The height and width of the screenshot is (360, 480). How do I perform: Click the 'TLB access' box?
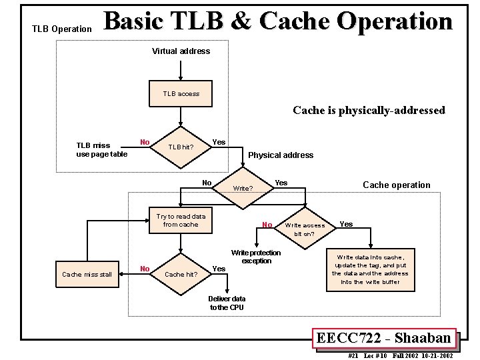tap(181, 94)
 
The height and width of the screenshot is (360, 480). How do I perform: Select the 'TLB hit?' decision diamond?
tap(181, 147)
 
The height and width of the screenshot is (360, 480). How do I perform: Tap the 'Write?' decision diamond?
tap(243, 188)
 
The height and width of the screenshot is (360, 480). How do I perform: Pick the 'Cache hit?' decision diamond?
tap(181, 274)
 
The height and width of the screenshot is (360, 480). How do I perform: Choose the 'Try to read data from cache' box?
tap(181, 221)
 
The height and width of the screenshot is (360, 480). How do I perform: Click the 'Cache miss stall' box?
tap(87, 274)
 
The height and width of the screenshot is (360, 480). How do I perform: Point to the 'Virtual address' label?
tap(181, 51)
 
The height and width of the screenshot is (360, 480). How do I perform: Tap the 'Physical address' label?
tap(281, 155)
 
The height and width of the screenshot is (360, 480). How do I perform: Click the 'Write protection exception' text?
tap(256, 257)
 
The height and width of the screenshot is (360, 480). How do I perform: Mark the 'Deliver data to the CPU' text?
tap(227, 303)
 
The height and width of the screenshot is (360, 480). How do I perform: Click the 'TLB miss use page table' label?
tap(101, 150)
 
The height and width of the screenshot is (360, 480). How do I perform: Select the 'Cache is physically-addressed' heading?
tap(369, 111)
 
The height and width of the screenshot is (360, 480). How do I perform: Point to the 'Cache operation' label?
tap(396, 185)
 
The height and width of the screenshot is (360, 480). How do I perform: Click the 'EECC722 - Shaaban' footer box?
tap(384, 338)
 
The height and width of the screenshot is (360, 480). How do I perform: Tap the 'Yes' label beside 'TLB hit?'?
tap(218, 142)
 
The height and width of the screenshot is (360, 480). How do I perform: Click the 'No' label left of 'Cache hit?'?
tap(145, 269)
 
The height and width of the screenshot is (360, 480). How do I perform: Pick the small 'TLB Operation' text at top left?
tap(62, 29)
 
